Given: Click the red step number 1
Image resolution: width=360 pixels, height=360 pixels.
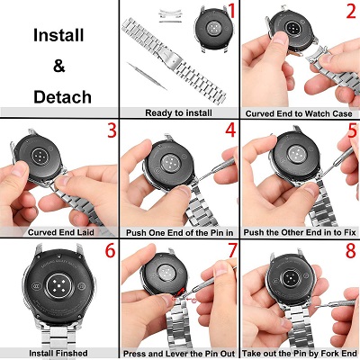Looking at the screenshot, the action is coord(231,12).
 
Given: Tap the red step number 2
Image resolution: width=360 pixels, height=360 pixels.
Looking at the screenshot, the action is coord(351,12).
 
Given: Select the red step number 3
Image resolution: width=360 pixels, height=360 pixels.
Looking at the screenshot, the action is coord(112,130).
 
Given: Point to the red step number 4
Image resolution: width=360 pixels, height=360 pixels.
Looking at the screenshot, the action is coord(230,130).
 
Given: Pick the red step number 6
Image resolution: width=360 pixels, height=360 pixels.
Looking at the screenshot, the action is coord(110,250).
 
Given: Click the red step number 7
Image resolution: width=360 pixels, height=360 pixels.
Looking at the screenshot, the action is coord(232,250).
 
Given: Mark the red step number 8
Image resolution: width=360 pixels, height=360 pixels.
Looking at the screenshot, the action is coord(351,250).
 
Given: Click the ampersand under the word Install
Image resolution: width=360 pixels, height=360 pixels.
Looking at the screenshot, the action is coord(59,66).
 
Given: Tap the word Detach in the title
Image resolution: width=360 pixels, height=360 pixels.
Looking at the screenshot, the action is coord(62,97).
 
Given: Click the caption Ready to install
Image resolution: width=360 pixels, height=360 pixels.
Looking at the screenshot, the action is coord(178,113).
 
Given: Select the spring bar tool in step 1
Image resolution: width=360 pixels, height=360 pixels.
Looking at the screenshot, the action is coord(147,76).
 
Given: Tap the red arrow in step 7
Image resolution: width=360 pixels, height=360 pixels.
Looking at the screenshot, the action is coord(179,292).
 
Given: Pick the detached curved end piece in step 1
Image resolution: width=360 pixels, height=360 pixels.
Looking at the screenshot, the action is coord(170,16).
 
